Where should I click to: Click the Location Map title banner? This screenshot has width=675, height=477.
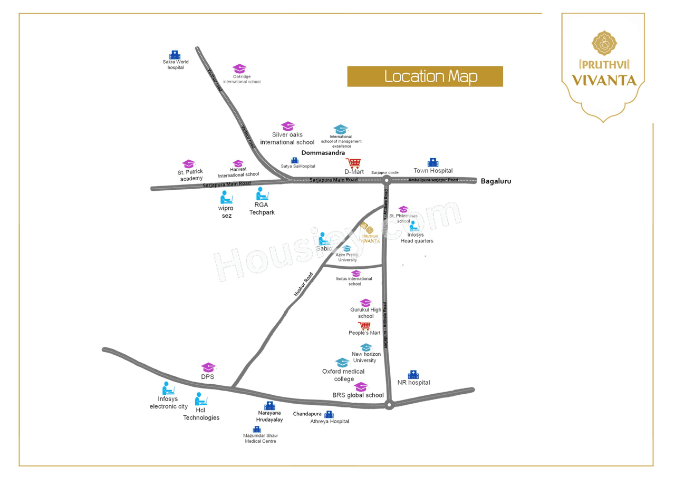tap(425, 76)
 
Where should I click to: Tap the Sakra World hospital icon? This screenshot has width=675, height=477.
tap(175, 55)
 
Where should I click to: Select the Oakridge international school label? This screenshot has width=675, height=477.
tap(242, 79)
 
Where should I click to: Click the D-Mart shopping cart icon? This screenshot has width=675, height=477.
tap(353, 164)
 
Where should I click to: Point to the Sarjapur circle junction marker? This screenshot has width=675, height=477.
tap(387, 180)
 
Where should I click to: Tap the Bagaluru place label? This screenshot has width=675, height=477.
tap(496, 181)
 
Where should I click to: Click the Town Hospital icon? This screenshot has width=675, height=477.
tap(433, 162)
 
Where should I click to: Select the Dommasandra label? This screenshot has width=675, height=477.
tap(323, 153)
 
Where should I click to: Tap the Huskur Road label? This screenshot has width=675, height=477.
tap(304, 283)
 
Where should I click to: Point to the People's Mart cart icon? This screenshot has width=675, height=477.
tap(364, 326)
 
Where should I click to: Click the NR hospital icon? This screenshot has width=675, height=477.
tap(413, 374)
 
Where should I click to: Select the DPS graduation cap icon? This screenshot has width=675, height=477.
tap(208, 367)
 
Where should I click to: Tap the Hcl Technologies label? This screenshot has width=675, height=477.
tap(201, 414)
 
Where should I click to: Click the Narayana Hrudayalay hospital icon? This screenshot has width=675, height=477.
tap(269, 406)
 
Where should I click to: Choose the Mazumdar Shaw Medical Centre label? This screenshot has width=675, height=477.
tap(261, 439)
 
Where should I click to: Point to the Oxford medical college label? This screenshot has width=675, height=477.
tap(343, 375)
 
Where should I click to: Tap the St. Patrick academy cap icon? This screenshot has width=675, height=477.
tap(189, 164)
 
